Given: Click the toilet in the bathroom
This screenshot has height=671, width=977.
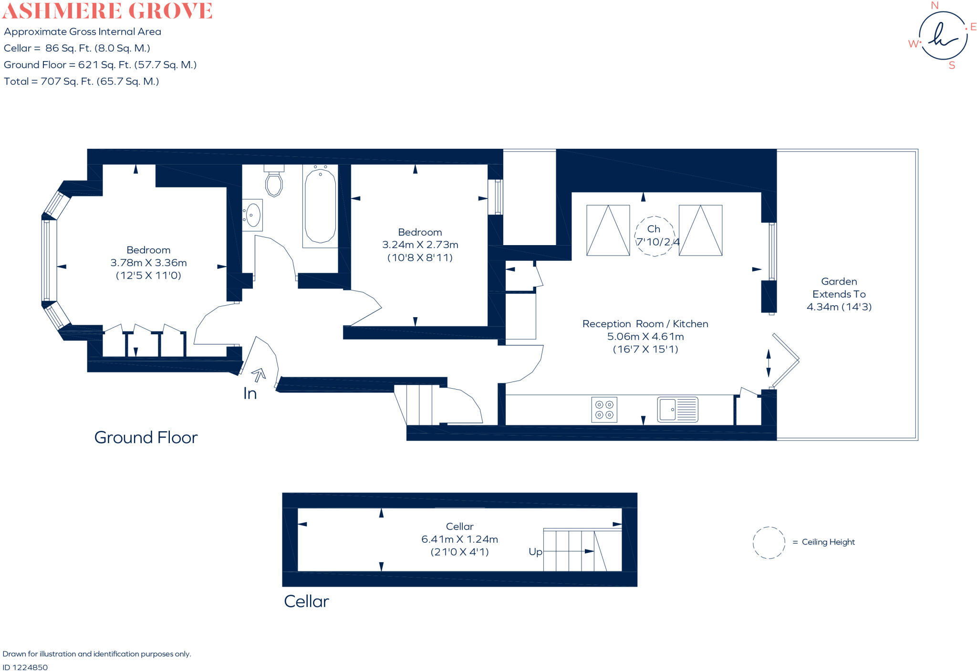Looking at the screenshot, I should [x=274, y=183].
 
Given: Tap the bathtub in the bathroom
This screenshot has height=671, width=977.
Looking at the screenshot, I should [x=320, y=206].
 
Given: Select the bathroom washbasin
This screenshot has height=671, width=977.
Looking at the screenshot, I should [x=252, y=215].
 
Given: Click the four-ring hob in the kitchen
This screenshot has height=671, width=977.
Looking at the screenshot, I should [x=604, y=409].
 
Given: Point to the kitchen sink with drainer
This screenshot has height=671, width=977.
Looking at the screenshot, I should [x=677, y=409].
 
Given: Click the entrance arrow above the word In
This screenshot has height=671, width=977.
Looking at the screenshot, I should [x=259, y=375].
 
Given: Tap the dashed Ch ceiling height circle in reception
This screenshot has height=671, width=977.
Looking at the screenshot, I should [x=655, y=236].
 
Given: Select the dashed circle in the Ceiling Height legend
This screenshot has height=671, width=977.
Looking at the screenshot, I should [x=769, y=542].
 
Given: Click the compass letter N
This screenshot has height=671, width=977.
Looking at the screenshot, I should [x=935, y=6].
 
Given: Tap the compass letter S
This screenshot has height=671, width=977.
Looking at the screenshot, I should [x=951, y=66].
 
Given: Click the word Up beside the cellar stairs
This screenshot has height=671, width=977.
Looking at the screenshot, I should [x=535, y=552].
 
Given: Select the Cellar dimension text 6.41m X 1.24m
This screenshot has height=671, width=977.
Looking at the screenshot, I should [x=459, y=539].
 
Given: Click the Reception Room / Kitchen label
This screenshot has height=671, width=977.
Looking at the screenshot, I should [x=645, y=324].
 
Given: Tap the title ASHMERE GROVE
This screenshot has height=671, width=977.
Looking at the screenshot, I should [x=107, y=10].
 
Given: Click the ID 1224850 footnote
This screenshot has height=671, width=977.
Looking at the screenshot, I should [x=25, y=667].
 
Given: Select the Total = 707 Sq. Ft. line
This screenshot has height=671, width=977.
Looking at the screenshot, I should [x=81, y=82].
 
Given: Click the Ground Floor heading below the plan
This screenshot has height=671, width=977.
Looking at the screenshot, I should [x=146, y=437].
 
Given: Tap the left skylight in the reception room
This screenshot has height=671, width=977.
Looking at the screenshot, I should [x=608, y=230].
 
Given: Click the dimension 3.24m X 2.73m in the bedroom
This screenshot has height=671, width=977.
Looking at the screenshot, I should [x=420, y=245].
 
